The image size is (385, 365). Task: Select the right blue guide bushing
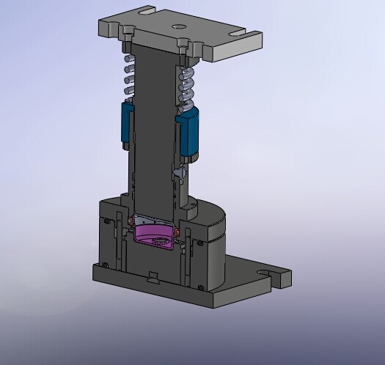[190, 133]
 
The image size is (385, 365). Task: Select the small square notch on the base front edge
[153, 276]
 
